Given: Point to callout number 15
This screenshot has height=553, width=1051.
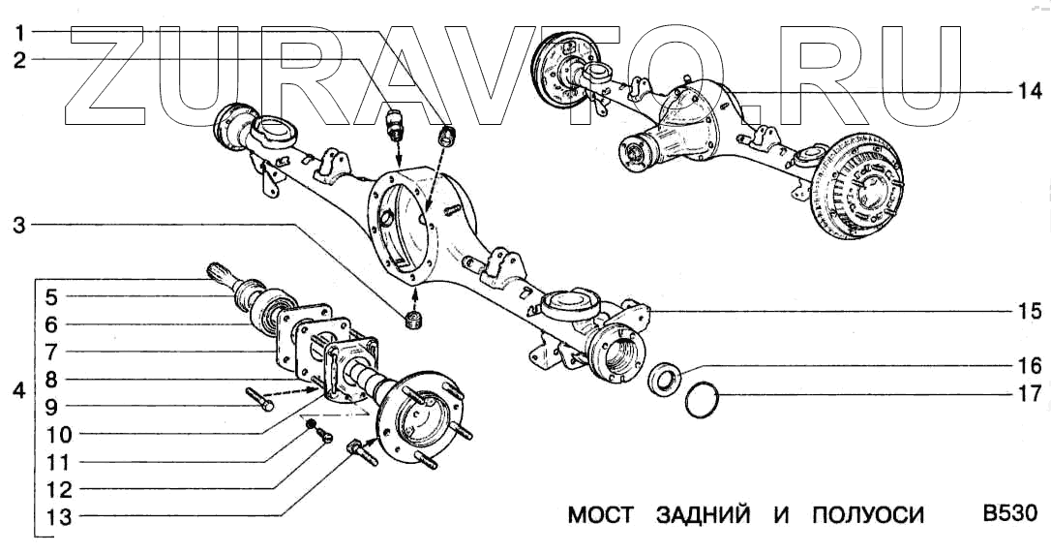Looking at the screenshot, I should [1028, 312].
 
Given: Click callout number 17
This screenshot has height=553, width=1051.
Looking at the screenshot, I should [1028, 394].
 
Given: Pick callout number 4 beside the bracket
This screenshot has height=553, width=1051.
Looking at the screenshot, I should [19, 392].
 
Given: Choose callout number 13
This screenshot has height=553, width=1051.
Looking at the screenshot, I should [58, 517].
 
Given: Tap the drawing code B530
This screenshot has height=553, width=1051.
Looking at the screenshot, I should [1010, 514].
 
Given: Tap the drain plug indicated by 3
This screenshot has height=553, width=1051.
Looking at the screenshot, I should [414, 320].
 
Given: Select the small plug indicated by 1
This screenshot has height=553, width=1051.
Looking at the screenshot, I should [447, 137].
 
